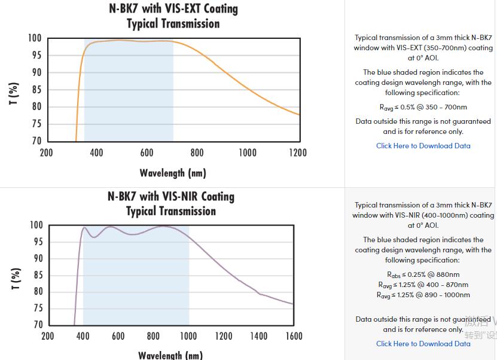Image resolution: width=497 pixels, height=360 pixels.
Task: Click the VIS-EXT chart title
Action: point(173,16)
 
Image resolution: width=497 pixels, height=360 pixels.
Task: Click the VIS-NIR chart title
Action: point(171,203)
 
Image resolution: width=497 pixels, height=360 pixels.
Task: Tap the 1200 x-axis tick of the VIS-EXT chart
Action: point(297,153)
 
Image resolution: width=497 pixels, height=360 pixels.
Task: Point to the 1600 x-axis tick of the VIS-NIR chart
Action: point(293,336)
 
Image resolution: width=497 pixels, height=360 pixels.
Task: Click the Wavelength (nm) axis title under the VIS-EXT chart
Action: point(173,173)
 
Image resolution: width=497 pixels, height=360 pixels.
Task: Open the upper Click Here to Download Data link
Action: point(423,146)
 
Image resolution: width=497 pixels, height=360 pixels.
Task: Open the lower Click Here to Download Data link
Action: point(423,344)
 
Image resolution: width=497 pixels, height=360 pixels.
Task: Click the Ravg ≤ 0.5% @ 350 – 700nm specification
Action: point(423,108)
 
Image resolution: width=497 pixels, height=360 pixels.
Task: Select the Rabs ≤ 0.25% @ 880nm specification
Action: point(423,275)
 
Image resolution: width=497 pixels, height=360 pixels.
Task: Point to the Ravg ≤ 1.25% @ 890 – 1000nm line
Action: point(423,295)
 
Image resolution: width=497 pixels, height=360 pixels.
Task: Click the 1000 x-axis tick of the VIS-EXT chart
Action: point(247,153)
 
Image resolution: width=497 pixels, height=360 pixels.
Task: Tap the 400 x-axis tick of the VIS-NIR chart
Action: point(83,336)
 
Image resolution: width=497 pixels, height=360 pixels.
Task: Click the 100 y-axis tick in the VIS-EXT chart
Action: point(34,38)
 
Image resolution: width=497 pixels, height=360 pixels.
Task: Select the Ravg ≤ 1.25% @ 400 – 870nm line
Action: point(423,285)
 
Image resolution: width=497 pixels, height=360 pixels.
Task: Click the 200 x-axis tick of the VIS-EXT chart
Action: point(46,153)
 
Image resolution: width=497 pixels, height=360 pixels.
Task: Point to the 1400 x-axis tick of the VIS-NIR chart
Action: point(258,336)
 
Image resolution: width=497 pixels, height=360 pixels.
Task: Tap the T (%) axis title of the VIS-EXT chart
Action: point(14,93)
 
